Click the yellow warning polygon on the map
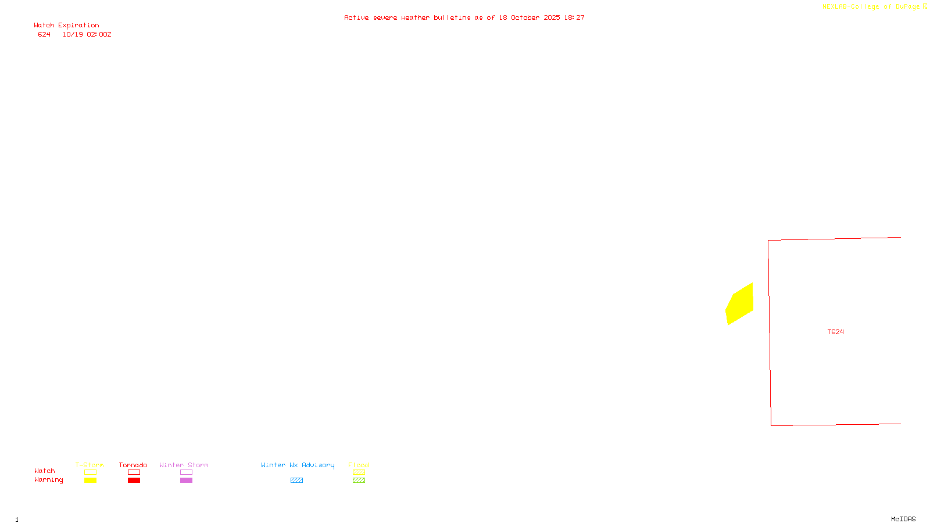click(740, 304)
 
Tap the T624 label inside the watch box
click(835, 332)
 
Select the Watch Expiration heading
click(66, 25)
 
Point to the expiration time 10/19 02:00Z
click(87, 34)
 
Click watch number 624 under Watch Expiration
click(44, 34)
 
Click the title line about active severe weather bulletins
click(464, 17)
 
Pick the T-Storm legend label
click(90, 465)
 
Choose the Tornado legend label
click(133, 465)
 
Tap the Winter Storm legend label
click(184, 465)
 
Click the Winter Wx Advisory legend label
click(298, 465)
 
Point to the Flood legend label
click(359, 465)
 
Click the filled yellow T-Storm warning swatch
click(90, 481)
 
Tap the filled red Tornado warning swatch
click(134, 481)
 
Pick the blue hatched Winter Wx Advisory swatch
click(296, 481)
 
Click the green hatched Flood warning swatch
click(359, 481)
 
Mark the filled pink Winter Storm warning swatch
click(186, 481)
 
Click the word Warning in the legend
click(48, 480)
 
